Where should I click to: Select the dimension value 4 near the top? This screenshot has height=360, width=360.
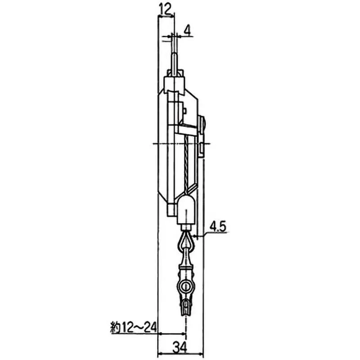(187, 31)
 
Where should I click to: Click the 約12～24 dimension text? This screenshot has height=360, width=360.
(133, 325)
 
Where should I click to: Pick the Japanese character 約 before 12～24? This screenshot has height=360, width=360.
(114, 325)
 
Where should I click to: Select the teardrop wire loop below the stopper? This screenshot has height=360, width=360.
(186, 243)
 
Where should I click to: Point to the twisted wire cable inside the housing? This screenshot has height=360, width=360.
(185, 162)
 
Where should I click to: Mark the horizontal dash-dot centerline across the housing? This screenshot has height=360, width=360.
(180, 144)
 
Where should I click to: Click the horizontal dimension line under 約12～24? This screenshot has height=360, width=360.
(171, 333)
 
